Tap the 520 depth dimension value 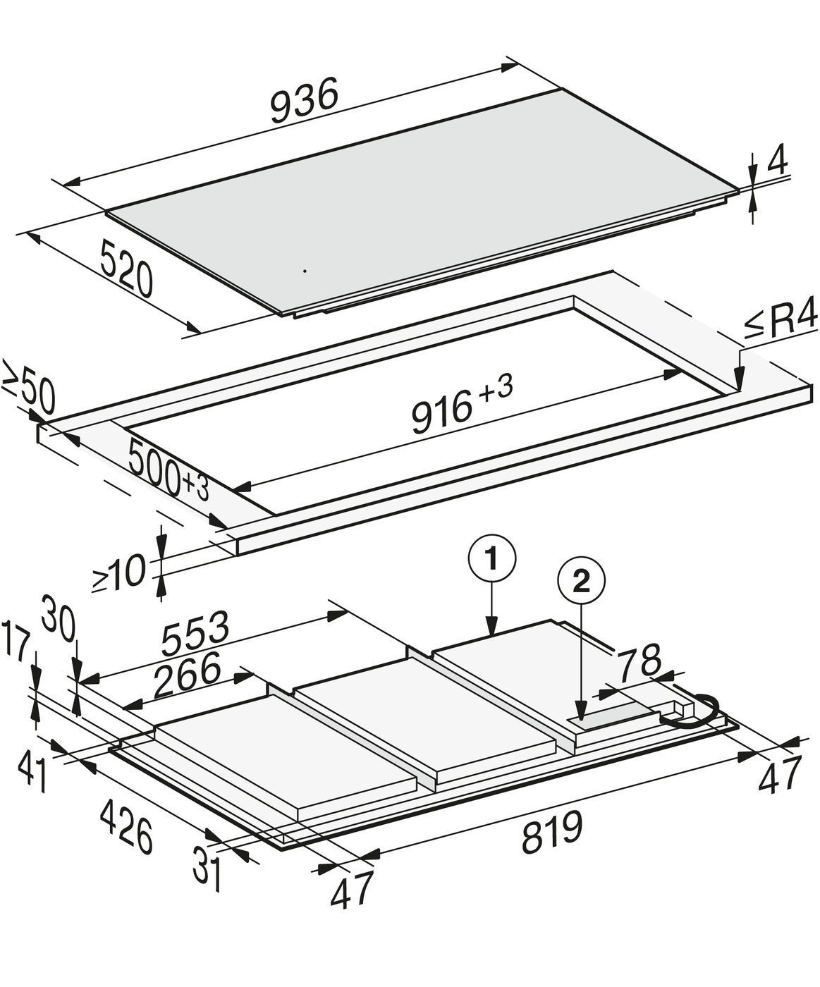click(x=127, y=269)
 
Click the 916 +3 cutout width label click(x=462, y=405)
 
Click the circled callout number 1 click(x=492, y=559)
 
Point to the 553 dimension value click(x=195, y=633)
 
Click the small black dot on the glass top click(x=305, y=271)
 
